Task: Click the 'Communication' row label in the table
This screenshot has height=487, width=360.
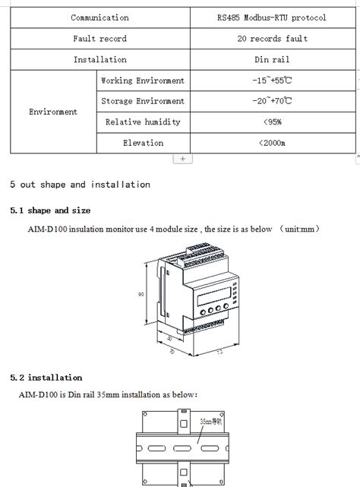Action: click(x=99, y=17)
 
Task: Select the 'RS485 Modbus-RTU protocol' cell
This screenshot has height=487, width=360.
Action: click(x=271, y=17)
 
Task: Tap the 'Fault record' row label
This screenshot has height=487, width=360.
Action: click(x=99, y=39)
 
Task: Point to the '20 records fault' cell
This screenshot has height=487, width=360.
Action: click(x=271, y=39)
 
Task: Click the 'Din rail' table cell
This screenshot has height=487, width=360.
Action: click(x=271, y=59)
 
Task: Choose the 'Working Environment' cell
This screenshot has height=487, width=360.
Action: click(x=143, y=81)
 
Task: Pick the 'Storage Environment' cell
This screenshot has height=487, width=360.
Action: click(x=143, y=101)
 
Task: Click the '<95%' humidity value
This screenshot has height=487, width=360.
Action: click(x=271, y=122)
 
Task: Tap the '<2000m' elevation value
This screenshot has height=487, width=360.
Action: click(x=271, y=143)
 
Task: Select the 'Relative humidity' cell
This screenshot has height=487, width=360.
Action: click(x=143, y=122)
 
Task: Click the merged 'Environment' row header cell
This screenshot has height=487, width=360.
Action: click(x=53, y=112)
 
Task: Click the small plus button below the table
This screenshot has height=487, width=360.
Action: click(x=183, y=159)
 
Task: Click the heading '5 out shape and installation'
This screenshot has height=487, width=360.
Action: click(x=80, y=185)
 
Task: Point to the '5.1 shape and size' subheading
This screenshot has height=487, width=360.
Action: click(x=50, y=210)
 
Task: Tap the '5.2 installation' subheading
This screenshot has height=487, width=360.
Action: click(x=46, y=378)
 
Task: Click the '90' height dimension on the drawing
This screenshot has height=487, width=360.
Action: click(x=141, y=295)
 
